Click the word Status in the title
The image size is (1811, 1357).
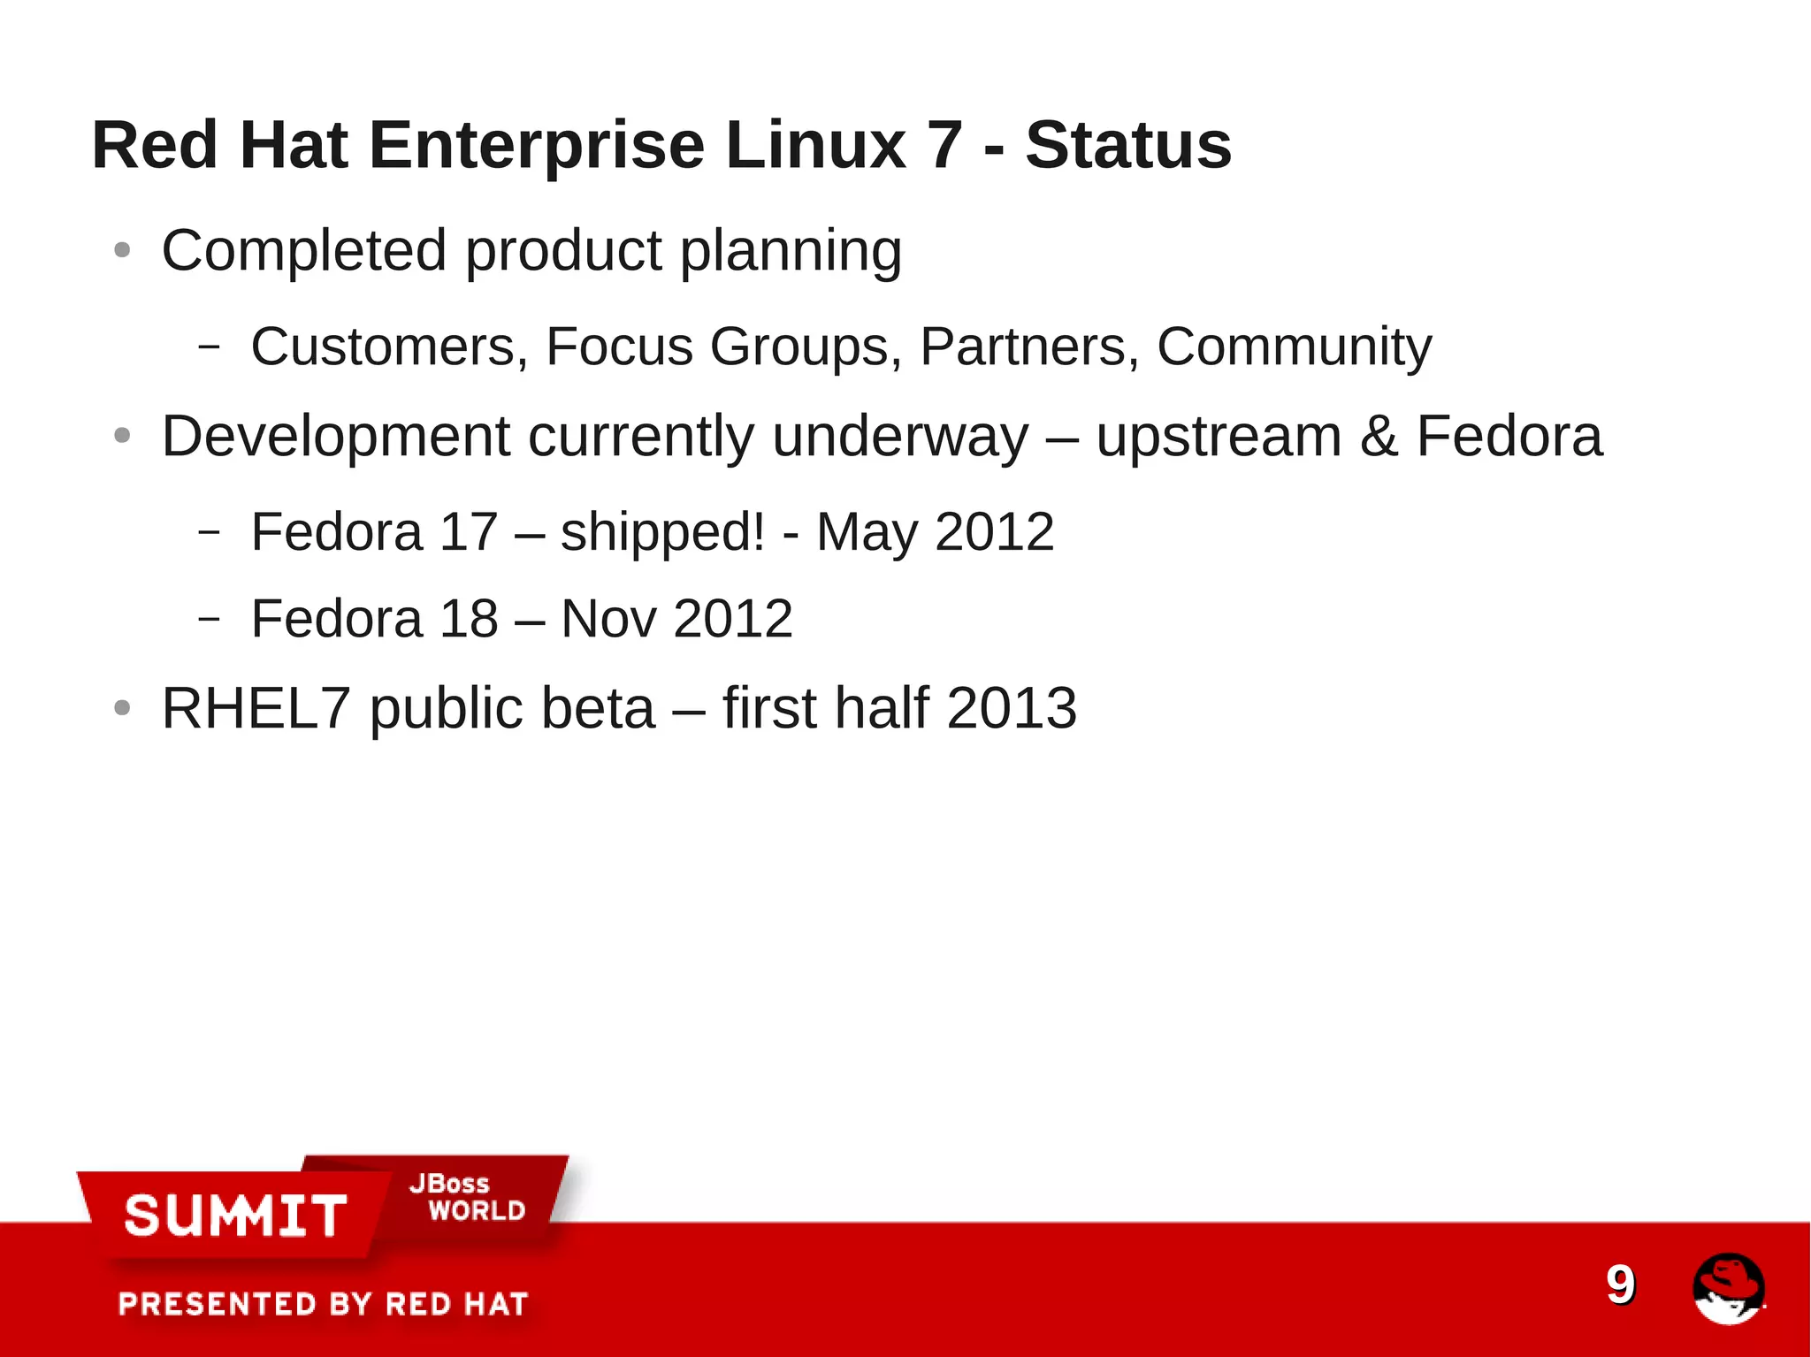tap(1127, 146)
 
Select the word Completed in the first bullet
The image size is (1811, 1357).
tap(303, 252)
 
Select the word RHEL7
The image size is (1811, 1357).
tap(256, 709)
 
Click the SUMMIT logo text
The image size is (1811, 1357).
tap(235, 1216)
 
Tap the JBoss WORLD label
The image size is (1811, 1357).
tap(467, 1198)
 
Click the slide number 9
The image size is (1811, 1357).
tap(1620, 1285)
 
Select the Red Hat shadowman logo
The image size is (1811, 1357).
tap(1728, 1288)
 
